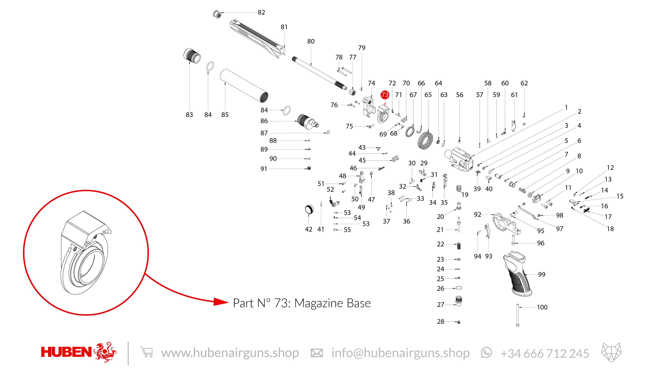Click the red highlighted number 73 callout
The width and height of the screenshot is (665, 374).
tap(385, 95)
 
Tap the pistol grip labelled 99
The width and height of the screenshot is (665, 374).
tap(516, 275)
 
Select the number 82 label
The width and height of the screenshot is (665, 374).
tap(261, 12)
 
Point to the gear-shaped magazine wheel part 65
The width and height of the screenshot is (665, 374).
tap(425, 141)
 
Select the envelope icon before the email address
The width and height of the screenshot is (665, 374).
tap(317, 353)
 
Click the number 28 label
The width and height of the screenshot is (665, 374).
tap(440, 322)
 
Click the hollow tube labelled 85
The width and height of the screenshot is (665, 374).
tap(244, 86)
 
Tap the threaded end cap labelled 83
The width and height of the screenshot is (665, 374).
tap(192, 56)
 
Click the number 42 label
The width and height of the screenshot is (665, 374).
tap(309, 229)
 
